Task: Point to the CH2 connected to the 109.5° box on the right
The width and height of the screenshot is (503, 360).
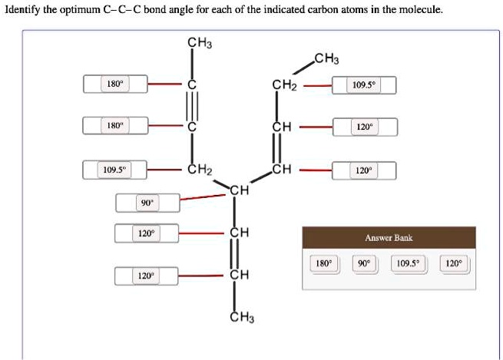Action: pos(284,84)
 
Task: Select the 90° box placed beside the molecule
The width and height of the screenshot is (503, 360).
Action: pos(146,203)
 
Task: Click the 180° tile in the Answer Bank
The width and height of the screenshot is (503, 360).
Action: pos(323,263)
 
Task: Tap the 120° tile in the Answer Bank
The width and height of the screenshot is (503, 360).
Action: pos(453,263)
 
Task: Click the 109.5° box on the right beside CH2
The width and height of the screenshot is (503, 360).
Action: pos(363,85)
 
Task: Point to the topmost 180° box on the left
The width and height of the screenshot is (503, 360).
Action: pos(116,84)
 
